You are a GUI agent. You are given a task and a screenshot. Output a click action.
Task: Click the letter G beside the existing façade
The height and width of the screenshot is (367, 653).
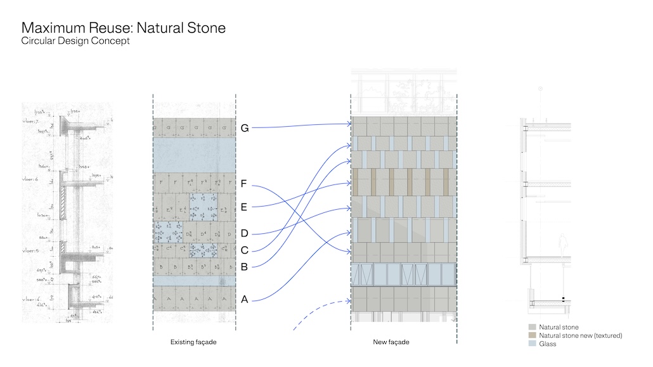(x=245, y=128)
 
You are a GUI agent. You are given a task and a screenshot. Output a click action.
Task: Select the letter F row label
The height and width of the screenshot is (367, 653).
(x=244, y=184)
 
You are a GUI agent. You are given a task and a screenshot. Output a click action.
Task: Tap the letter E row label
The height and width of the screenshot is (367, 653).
(x=244, y=207)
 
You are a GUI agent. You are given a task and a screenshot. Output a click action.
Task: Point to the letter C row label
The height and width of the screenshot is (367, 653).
(x=244, y=250)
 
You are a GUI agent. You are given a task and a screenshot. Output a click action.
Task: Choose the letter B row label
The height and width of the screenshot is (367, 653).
(x=244, y=267)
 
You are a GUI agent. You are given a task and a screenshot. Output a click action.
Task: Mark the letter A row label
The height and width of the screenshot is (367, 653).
(x=244, y=299)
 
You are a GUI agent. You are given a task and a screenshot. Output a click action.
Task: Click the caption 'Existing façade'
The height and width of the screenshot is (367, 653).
(x=193, y=342)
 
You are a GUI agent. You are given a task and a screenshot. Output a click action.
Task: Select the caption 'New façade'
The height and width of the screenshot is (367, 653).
(x=391, y=342)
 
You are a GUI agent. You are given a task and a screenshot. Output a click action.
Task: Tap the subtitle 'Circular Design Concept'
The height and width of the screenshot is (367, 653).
(x=75, y=41)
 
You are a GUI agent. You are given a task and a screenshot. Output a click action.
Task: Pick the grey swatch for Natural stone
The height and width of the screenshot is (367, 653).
(x=533, y=328)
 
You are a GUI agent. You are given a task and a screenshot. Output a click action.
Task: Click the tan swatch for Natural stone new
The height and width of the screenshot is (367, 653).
(x=533, y=335)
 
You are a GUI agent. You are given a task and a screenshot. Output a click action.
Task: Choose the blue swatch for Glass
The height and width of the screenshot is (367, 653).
(x=533, y=344)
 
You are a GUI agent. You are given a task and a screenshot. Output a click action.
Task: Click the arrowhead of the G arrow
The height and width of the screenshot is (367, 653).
(x=349, y=124)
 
